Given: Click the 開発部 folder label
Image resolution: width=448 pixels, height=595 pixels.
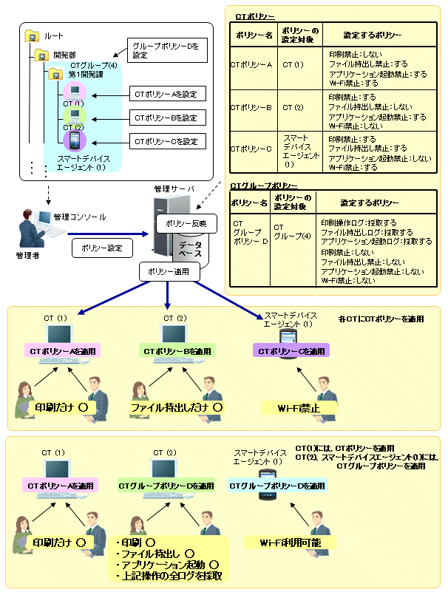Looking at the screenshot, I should pos(61,54).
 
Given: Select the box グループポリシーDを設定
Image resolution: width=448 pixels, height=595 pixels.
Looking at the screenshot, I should pos(167,50).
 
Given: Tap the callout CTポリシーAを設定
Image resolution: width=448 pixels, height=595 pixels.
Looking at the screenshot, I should pos(166,94).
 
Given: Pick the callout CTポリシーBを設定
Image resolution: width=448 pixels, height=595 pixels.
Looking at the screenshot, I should pos(166,118).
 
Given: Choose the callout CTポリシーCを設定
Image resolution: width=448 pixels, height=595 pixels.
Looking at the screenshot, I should pos(166,140).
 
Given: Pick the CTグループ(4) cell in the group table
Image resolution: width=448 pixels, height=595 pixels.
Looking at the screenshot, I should pos(288,232).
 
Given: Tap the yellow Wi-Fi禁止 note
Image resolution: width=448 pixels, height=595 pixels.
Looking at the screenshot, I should pos(297,407).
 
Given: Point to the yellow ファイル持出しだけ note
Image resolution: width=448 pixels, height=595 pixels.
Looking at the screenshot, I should pos(176,407).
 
